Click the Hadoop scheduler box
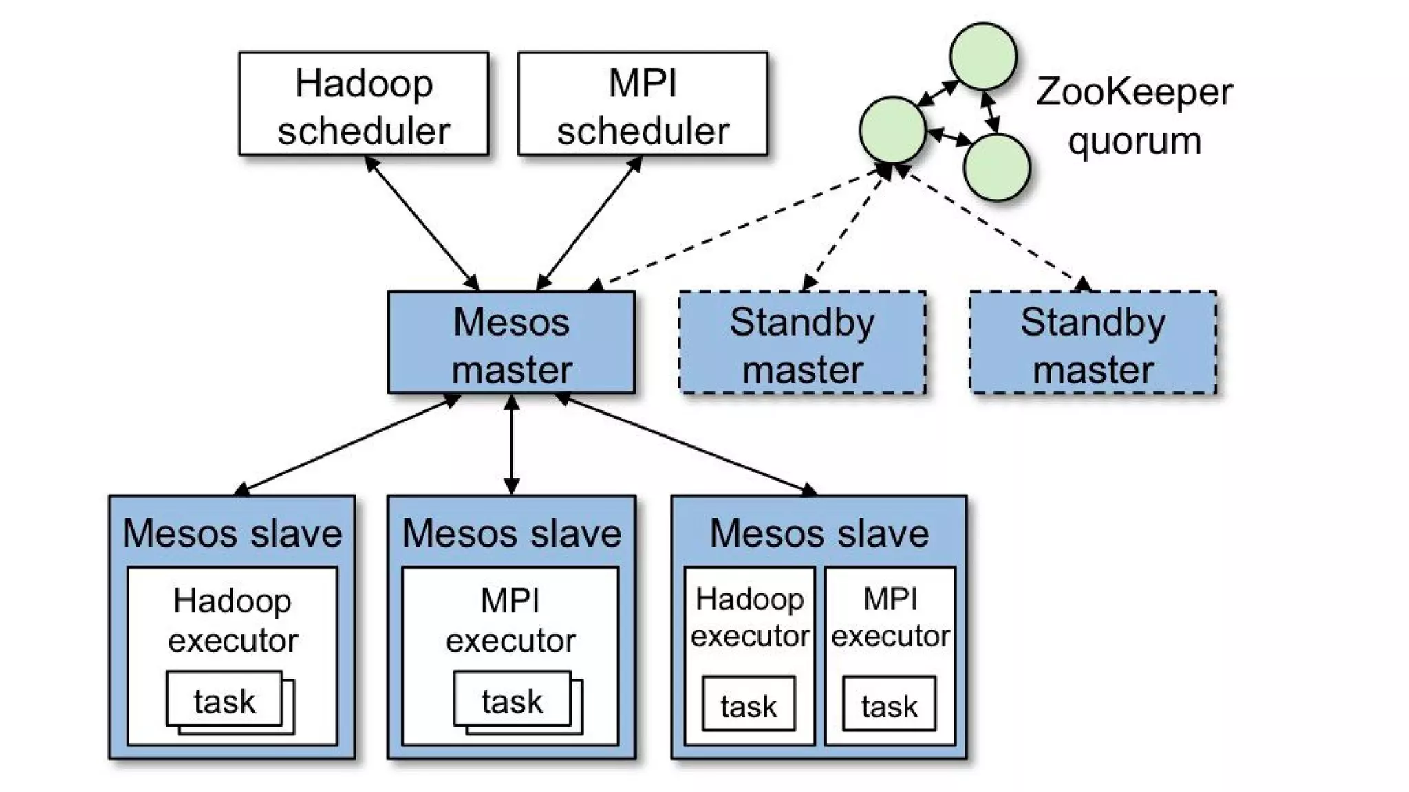pyautogui.click(x=363, y=104)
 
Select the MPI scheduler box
pyautogui.click(x=643, y=104)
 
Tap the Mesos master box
pyautogui.click(x=511, y=342)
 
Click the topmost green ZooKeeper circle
pyautogui.click(x=983, y=56)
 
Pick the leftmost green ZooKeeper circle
pyautogui.click(x=892, y=130)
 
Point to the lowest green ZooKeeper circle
pyautogui.click(x=996, y=168)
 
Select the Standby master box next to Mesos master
pyautogui.click(x=802, y=342)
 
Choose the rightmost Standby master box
pyautogui.click(x=1093, y=342)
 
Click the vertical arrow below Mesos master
pyautogui.click(x=511, y=444)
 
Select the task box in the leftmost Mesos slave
pyautogui.click(x=225, y=700)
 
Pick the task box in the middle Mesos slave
pyautogui.click(x=512, y=700)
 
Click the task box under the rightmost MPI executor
pyautogui.click(x=889, y=704)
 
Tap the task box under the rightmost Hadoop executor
pyautogui.click(x=749, y=704)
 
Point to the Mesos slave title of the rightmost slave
pyautogui.click(x=819, y=533)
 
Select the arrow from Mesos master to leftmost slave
pyautogui.click(x=347, y=444)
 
